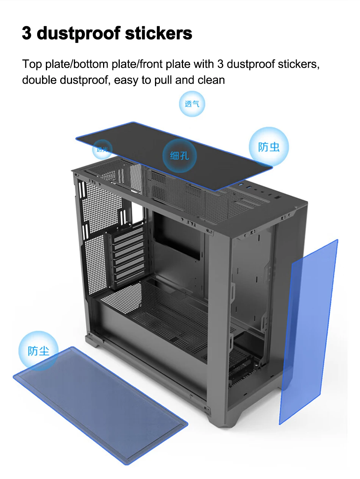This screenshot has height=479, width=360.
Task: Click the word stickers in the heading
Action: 158,33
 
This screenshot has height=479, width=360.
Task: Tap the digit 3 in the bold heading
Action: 27,33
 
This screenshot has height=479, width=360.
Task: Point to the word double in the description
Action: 39,80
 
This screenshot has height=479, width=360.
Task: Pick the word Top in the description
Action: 32,64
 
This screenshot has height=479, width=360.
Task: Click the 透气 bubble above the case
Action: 192,104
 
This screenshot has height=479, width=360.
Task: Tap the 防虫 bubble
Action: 269,147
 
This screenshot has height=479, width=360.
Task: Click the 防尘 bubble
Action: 38,351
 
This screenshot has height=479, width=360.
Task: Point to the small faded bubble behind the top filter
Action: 102,149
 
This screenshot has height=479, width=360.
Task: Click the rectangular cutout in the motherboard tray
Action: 177,235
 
